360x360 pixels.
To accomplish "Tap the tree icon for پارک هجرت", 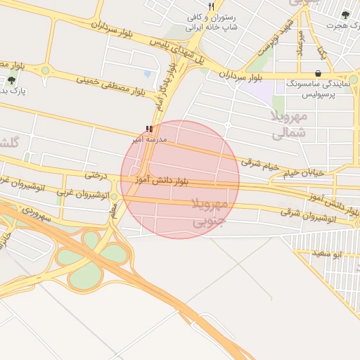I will pyautogui.click(x=345, y=14).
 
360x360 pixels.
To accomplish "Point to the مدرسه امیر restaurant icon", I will pyautogui.click(x=148, y=129).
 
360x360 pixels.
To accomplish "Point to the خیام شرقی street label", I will pyautogui.click(x=260, y=163).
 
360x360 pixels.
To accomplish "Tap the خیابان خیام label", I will pyautogui.click(x=304, y=172).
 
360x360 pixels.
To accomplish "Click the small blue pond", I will pyautogui.click(x=147, y=73).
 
